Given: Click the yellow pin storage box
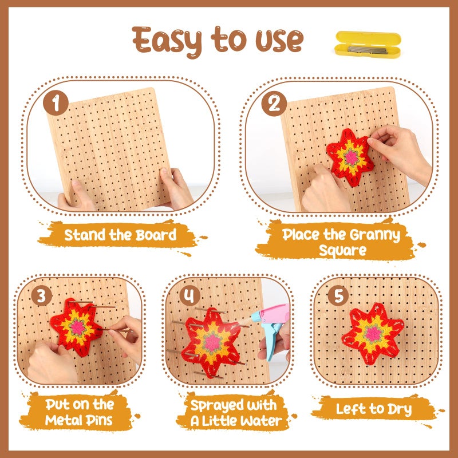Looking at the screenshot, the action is tap(368, 45).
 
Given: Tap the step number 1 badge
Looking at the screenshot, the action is tap(56, 103).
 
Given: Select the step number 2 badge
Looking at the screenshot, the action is tap(274, 104).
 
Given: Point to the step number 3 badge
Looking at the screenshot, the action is tap(42, 295).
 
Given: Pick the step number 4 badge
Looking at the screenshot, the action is tap(190, 295).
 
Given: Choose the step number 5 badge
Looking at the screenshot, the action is tap(338, 295).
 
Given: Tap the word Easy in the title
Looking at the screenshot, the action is tap(167, 41).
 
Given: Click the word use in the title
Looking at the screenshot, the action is tap(279, 41).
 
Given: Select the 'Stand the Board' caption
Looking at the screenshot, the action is tap(120, 235).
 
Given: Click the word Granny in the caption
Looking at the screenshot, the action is tap(375, 235).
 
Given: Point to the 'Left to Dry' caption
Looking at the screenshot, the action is tap(374, 409).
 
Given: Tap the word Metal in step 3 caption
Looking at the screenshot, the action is tap(62, 420).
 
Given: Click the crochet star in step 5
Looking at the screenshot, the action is tap(373, 334).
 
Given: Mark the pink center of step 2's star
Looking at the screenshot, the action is tap(352, 158).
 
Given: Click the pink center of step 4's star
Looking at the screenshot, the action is tap(212, 343).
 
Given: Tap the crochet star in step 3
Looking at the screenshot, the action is tap(77, 327).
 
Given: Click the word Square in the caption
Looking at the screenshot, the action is tap(342, 250).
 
